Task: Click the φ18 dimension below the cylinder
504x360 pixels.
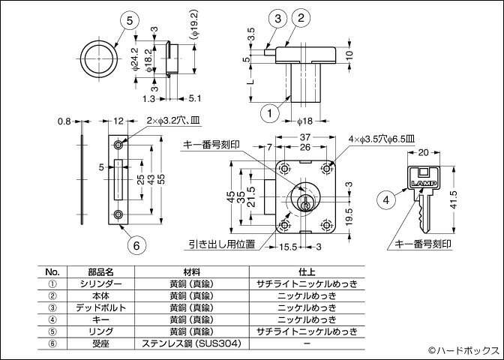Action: [304, 121]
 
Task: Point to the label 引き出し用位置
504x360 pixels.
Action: [223, 244]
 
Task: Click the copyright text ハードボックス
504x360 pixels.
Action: [463, 350]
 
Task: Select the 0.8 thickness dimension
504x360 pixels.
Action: [64, 121]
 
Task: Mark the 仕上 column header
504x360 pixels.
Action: [306, 271]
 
